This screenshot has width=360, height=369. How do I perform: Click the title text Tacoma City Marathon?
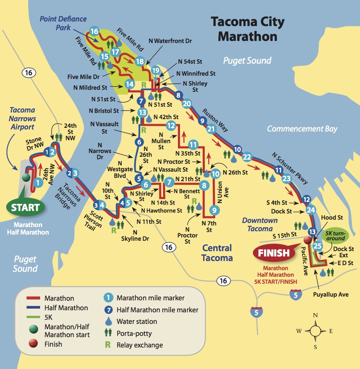click(247, 29)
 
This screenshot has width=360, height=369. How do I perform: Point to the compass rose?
click(316, 331)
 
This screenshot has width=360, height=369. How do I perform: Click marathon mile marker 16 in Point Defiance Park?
click(94, 31)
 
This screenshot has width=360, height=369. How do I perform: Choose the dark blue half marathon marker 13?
click(312, 232)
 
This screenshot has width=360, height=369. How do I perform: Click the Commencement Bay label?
click(302, 129)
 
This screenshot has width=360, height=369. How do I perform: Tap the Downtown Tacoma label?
click(259, 224)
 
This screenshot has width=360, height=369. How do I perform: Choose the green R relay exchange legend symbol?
click(108, 345)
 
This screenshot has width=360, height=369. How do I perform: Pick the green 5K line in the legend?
click(32, 318)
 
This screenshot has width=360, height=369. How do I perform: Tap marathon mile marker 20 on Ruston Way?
click(187, 104)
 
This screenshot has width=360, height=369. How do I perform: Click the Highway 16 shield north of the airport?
click(28, 73)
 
